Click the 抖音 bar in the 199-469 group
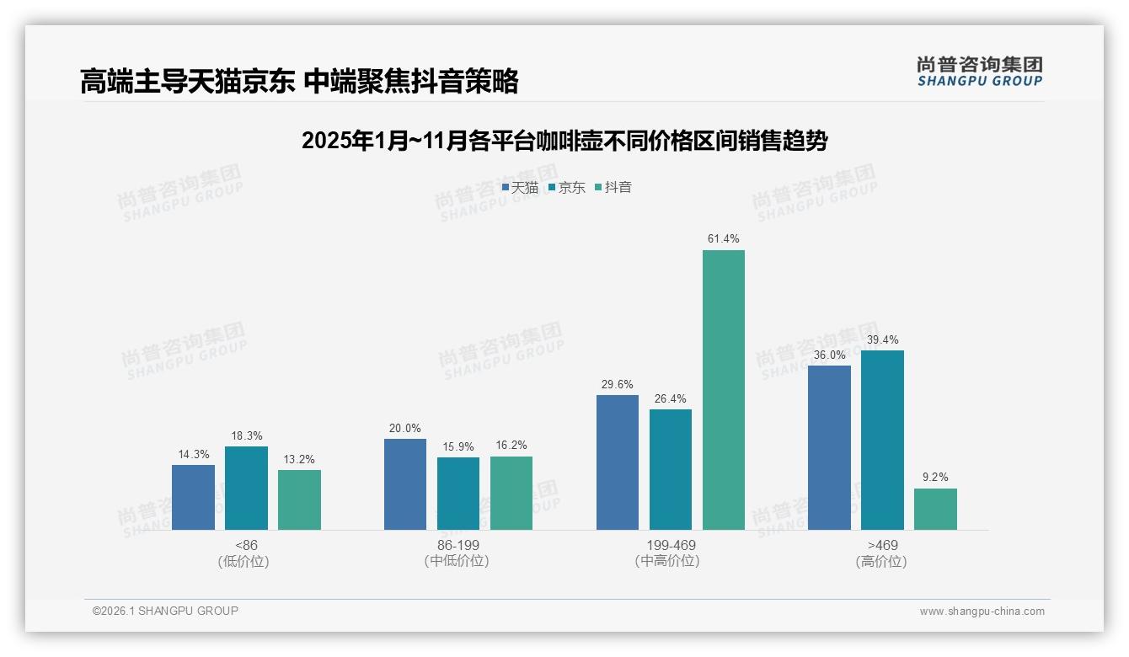pos(724,390)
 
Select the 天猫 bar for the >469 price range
pos(829,447)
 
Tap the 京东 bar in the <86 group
pos(246,488)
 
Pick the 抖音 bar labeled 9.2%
pos(935,509)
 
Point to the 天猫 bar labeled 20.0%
pos(405,484)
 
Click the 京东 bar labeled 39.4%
pos(882,440)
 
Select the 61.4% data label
pos(724,239)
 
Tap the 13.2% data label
pos(299,460)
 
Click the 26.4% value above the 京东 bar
pos(671,399)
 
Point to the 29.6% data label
pos(618,385)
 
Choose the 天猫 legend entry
pos(520,188)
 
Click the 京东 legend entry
pos(567,188)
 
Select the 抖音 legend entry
pos(613,188)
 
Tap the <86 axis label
pos(246,545)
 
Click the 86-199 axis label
pos(457,545)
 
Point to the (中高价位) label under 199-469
pos(670,561)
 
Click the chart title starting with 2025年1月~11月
pos(564,141)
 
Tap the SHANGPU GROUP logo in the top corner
pos(979,72)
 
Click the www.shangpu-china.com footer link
pos(982,612)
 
